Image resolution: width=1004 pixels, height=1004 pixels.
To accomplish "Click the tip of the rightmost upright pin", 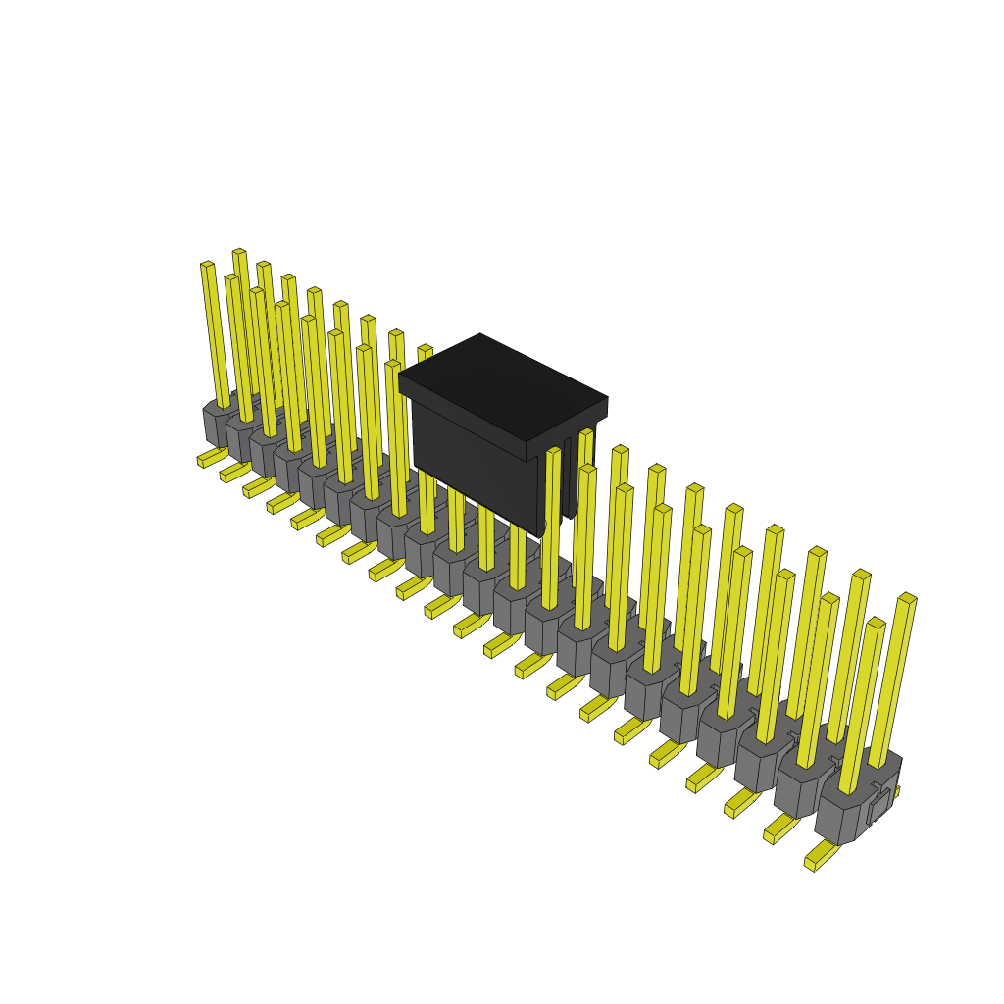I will (907, 598).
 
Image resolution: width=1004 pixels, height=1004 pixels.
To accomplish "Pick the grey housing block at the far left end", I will (218, 422).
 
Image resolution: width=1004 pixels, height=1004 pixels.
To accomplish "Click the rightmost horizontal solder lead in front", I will (821, 856).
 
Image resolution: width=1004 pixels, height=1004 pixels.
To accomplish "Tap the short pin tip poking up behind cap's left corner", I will (425, 351).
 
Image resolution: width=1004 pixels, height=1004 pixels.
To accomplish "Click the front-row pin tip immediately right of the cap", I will (554, 451).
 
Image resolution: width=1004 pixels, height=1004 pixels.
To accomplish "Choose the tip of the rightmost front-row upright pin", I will (876, 623).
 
